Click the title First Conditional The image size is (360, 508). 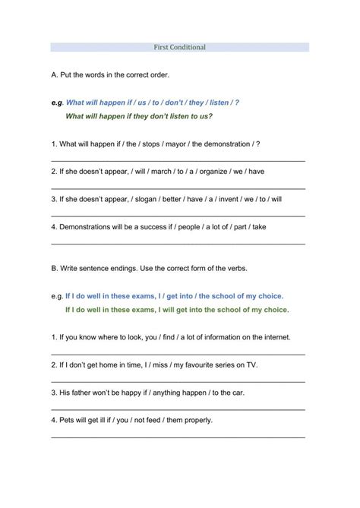click(179, 47)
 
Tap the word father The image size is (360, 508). click(84, 392)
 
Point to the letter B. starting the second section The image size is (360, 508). click(55, 268)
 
